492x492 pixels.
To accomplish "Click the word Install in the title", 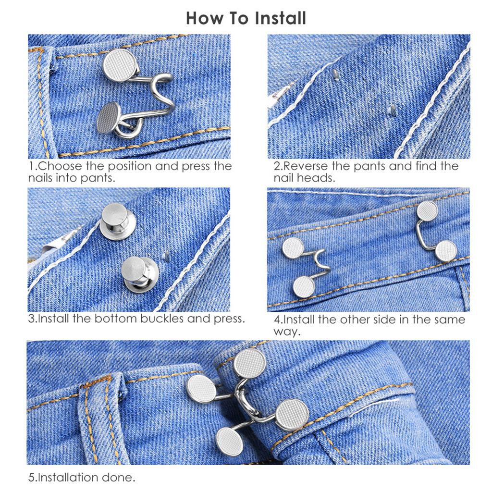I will pos(281,18).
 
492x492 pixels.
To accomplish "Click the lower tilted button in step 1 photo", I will pos(109,117).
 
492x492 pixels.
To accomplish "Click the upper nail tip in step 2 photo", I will pos(336,74).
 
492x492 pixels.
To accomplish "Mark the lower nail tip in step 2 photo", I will pos(392,111).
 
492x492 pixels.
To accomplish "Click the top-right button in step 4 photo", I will pos(427,210).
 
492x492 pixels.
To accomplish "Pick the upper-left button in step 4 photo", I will pos(293,247).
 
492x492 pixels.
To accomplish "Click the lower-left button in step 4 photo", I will pos(304,287).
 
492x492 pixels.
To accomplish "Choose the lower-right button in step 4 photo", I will pos(446,251).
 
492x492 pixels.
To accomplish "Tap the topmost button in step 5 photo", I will pos(250,363).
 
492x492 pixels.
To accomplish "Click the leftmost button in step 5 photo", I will pos(201,389).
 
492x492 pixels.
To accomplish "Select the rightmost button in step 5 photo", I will pos(292,414).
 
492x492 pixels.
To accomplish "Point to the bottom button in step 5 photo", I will pos(229,442).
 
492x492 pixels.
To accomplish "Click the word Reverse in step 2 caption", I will pos(305,166).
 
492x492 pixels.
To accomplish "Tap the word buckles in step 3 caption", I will pos(156,319).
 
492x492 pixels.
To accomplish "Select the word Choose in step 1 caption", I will pos(61,166).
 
